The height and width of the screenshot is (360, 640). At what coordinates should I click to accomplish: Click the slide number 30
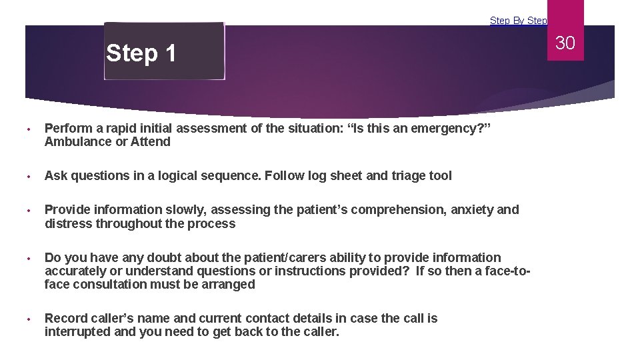565,43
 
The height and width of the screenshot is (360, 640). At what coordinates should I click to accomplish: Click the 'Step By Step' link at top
518,21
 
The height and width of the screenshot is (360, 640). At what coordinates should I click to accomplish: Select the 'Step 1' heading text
141,53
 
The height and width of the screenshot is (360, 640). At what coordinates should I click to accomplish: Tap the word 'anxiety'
473,210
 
